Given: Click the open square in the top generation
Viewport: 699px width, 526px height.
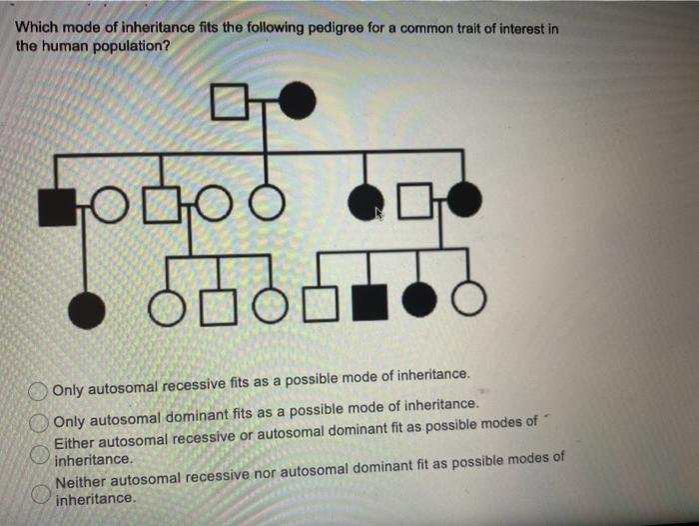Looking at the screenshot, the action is pos(229,99).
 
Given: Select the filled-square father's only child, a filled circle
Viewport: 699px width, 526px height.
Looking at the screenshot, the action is pos(85,305).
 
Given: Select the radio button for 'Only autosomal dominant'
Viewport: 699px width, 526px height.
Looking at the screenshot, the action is pos(39,420).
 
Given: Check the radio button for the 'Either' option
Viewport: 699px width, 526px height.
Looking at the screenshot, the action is pos(39,451).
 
